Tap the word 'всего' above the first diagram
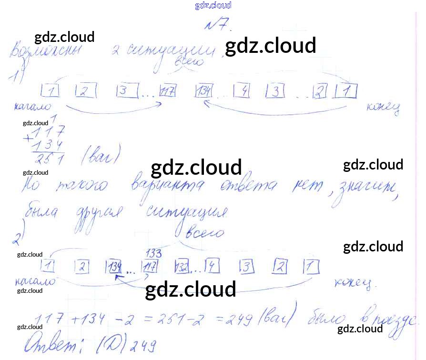pos(190,61)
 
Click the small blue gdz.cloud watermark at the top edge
pos(213,6)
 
